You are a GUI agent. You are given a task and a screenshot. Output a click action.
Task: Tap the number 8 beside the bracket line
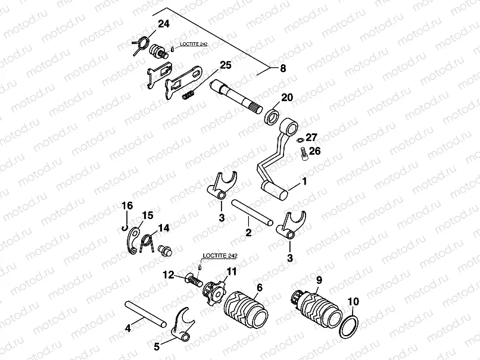coord(283,68)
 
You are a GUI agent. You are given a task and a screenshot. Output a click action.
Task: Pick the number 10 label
coord(353,302)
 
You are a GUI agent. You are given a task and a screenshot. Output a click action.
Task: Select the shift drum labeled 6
coord(245,309)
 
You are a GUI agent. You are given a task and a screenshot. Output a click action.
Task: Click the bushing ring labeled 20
coord(273,114)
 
